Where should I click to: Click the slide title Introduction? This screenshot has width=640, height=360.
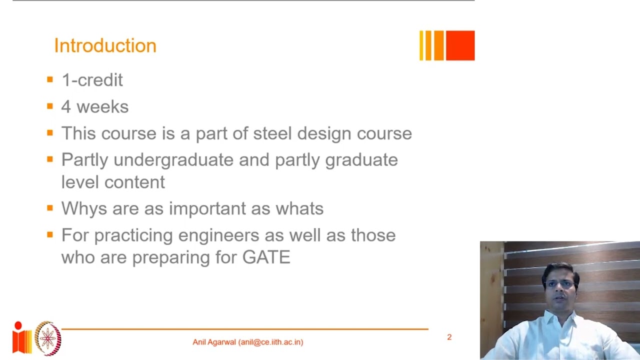click(x=105, y=45)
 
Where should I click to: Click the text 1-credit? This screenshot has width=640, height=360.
click(x=92, y=80)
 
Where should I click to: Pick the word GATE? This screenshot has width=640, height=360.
click(x=266, y=257)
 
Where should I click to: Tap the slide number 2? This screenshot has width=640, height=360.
click(x=449, y=337)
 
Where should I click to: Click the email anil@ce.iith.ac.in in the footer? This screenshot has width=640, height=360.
click(x=270, y=342)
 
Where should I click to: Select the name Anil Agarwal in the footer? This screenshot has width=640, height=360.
click(x=214, y=342)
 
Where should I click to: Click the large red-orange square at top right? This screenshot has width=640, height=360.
click(x=459, y=45)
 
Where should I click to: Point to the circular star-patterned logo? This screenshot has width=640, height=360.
click(x=48, y=338)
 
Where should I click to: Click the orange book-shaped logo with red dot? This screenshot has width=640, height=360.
click(x=21, y=338)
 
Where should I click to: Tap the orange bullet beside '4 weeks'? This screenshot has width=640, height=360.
click(x=49, y=106)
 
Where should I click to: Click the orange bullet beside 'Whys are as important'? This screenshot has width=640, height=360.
click(x=49, y=207)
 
